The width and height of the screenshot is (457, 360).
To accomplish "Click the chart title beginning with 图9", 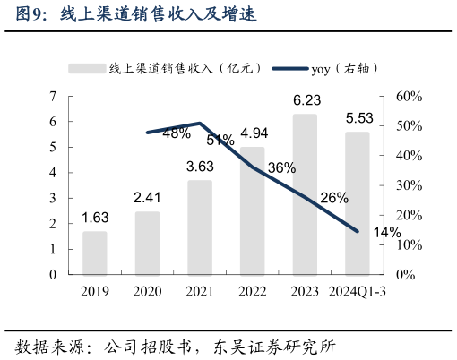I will click(135, 14).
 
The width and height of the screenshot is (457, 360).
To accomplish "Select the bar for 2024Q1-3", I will click(357, 203).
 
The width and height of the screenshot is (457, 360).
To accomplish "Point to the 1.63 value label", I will click(96, 218).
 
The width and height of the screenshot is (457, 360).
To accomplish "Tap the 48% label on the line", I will click(177, 133).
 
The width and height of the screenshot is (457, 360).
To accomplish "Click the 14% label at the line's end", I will click(386, 233).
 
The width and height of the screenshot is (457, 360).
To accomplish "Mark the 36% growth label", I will click(281, 167).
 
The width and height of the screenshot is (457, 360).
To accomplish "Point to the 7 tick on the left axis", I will click(54, 96).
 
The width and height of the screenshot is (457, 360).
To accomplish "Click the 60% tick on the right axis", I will click(408, 96).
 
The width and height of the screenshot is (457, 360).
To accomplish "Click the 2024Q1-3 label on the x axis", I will click(357, 291).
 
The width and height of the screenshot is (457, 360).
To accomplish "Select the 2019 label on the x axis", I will click(95, 291).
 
